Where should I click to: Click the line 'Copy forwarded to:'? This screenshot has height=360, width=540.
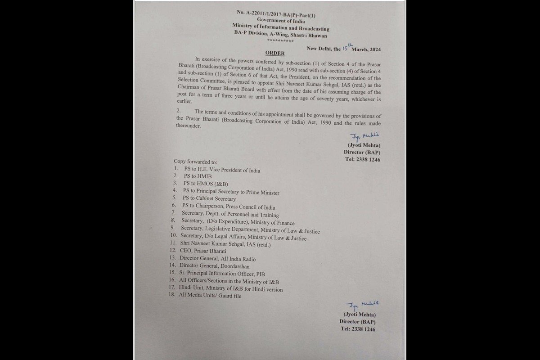195,161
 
